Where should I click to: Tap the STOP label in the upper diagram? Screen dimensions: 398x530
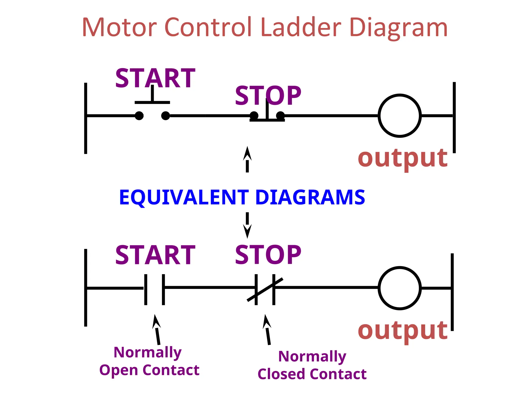tap(268, 96)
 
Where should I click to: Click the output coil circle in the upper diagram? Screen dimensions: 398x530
tap(400, 116)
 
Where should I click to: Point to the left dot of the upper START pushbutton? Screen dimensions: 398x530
tap(139, 116)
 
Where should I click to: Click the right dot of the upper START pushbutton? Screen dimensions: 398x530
tap(166, 116)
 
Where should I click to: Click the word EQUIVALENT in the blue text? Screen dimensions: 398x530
tap(184, 197)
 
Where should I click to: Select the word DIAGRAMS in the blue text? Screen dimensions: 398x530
tap(310, 197)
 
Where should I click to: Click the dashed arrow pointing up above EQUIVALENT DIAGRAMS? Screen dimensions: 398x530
tap(247, 160)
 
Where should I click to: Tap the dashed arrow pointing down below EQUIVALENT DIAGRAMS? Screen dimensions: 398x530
tap(247, 225)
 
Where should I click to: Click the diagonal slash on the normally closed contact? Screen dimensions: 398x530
tap(265, 290)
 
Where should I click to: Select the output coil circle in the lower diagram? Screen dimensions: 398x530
tap(400, 288)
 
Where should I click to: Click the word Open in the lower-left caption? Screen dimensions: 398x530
tap(119, 370)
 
